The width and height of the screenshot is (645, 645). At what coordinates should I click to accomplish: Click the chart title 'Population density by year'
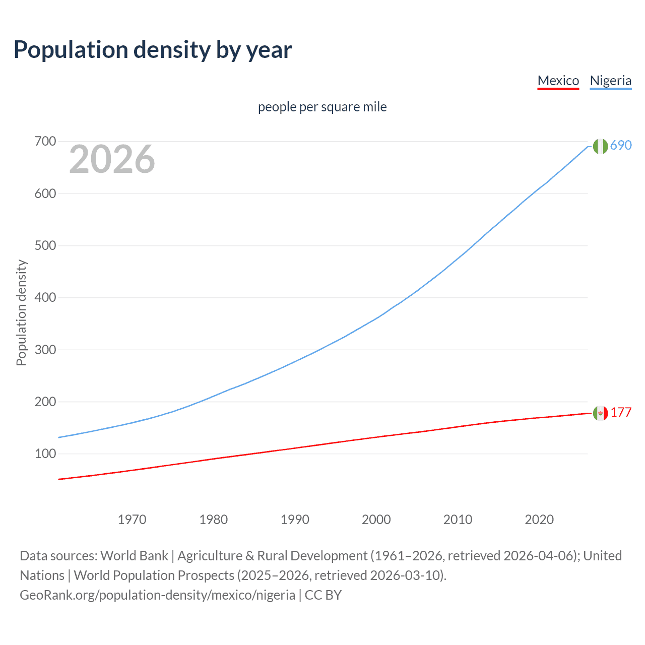click(x=153, y=50)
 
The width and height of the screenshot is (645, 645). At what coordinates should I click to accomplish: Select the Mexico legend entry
click(x=558, y=81)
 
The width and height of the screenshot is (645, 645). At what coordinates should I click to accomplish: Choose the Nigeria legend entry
click(x=610, y=81)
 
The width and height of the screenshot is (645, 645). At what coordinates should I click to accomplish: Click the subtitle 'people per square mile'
click(x=322, y=107)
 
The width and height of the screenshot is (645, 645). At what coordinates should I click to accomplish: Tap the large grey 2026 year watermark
click(x=112, y=159)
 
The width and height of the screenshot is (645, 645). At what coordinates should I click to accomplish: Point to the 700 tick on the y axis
click(x=45, y=142)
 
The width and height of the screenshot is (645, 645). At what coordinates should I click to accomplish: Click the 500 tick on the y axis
click(x=45, y=245)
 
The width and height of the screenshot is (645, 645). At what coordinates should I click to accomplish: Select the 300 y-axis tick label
click(x=45, y=350)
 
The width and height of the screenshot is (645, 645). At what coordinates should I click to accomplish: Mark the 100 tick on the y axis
click(x=45, y=454)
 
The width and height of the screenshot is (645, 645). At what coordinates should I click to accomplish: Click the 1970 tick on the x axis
click(x=132, y=520)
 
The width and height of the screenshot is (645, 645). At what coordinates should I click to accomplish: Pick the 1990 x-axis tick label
click(x=295, y=520)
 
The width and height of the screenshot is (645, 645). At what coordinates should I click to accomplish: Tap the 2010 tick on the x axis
click(x=458, y=520)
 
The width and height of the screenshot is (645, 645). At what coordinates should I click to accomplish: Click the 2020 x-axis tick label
click(x=539, y=520)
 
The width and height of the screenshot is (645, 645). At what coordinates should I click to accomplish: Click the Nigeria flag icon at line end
click(x=600, y=146)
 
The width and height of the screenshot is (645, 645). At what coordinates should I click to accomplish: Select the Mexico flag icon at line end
click(x=600, y=413)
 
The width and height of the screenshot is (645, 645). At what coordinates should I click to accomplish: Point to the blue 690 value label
click(x=621, y=146)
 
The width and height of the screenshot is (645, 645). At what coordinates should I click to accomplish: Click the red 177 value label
click(x=621, y=413)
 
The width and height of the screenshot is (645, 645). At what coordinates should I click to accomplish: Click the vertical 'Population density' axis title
click(x=21, y=312)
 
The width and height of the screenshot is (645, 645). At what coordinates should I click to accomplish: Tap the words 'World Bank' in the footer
click(x=134, y=556)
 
